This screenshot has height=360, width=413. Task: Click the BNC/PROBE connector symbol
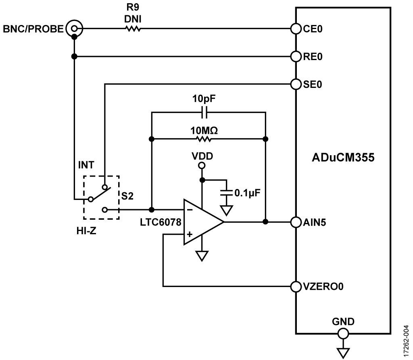pyautogui.click(x=74, y=29)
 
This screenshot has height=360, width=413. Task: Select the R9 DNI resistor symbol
pyautogui.click(x=133, y=29)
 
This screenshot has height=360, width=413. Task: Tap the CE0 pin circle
pyautogui.click(x=296, y=29)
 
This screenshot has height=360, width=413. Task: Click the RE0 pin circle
pyautogui.click(x=296, y=56)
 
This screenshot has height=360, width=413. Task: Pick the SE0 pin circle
pyautogui.click(x=296, y=84)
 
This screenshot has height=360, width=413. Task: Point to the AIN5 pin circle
pyautogui.click(x=296, y=221)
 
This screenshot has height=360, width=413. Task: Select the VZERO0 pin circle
pyautogui.click(x=296, y=287)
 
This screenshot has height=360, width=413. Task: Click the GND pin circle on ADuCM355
pyautogui.click(x=343, y=333)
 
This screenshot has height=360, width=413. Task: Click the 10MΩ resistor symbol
pyautogui.click(x=204, y=139)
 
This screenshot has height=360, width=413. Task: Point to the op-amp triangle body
pyautogui.click(x=202, y=222)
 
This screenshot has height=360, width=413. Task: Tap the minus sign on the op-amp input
pyautogui.click(x=189, y=210)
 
